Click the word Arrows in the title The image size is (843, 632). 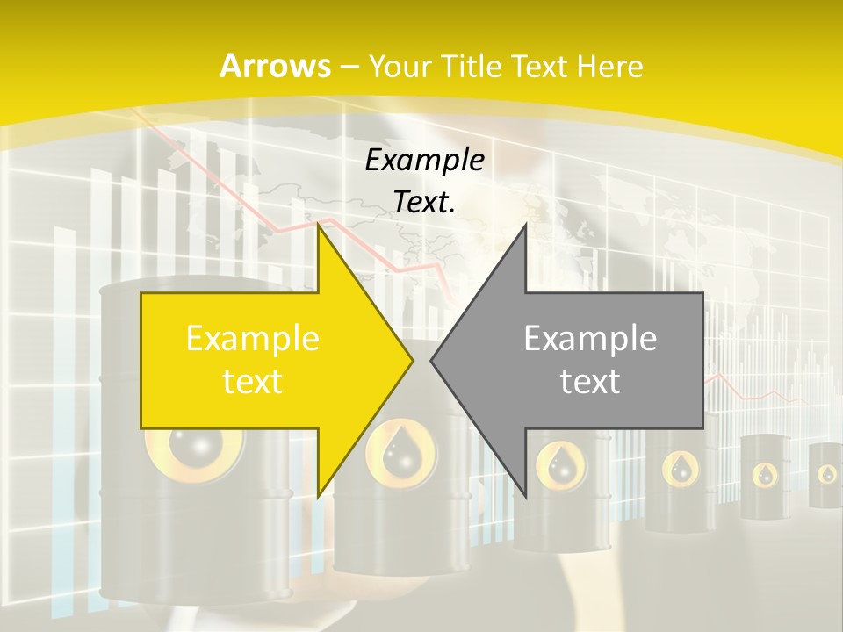tap(275, 66)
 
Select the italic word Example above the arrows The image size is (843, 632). tap(425, 160)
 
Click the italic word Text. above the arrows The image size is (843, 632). tap(424, 202)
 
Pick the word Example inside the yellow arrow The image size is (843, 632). tap(253, 339)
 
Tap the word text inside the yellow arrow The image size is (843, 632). tap(253, 381)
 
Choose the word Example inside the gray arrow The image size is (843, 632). tap(590, 339)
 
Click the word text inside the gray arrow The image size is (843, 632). tap(590, 381)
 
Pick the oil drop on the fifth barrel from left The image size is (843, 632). tap(766, 474)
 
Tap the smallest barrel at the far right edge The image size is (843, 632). tap(825, 475)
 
